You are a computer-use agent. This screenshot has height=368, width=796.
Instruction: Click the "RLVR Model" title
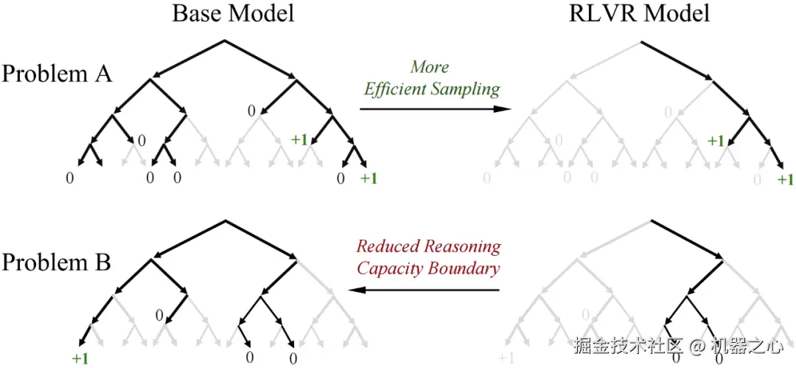[x=640, y=13]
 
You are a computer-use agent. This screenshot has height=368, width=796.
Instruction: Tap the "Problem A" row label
[x=57, y=74]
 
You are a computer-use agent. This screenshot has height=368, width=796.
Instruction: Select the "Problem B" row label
[x=57, y=262]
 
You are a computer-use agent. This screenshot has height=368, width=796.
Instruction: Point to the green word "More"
[x=430, y=67]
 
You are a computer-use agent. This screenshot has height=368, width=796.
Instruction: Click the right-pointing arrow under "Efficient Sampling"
[x=435, y=109]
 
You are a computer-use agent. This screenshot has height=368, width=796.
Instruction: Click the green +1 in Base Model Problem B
[x=80, y=358]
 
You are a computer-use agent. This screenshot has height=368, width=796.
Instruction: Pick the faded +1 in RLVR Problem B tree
[x=506, y=358]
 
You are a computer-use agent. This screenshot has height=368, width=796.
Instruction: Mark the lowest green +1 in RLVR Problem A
[x=785, y=179]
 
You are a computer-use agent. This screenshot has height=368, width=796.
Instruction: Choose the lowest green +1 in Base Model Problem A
[x=369, y=178]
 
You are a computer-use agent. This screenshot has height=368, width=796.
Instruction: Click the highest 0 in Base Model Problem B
[x=158, y=316]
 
